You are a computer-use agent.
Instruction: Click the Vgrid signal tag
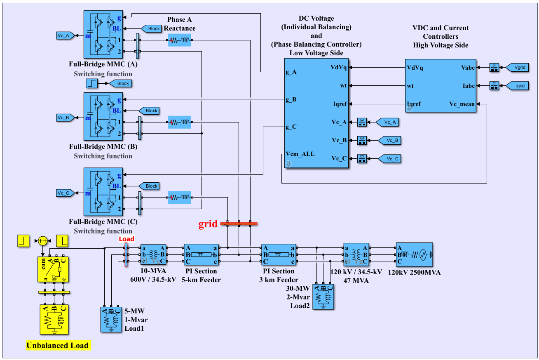(x=520, y=67)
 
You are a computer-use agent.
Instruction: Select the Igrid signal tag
(x=520, y=86)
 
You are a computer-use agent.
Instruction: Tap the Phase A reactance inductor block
(x=179, y=40)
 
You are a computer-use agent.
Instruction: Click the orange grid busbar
(x=239, y=224)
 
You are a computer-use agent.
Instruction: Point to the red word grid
(x=208, y=224)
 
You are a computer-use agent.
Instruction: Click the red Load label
(x=127, y=239)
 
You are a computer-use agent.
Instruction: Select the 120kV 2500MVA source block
(x=414, y=255)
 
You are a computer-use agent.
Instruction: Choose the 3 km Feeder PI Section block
(x=279, y=254)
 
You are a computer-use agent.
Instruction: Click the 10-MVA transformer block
(x=153, y=254)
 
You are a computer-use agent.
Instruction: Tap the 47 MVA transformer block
(x=356, y=254)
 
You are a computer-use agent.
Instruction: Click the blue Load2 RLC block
(x=323, y=296)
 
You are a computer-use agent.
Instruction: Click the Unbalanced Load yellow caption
(x=58, y=345)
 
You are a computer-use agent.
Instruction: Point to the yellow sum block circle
(x=43, y=241)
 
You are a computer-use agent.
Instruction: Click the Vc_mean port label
(x=462, y=104)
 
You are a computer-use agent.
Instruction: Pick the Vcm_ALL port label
(x=300, y=154)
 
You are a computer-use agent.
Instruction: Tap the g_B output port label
(x=291, y=99)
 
